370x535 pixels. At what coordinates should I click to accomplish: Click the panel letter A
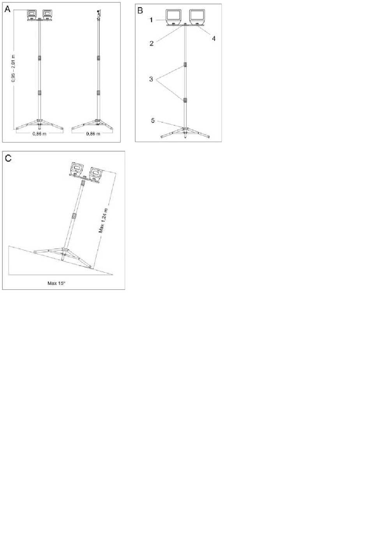pyautogui.click(x=8, y=10)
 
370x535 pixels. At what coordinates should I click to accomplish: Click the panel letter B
pyautogui.click(x=140, y=11)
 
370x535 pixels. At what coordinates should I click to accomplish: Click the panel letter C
pyautogui.click(x=8, y=158)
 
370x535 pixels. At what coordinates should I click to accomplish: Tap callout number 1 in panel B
pyautogui.click(x=151, y=20)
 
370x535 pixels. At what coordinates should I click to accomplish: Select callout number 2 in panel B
pyautogui.click(x=152, y=44)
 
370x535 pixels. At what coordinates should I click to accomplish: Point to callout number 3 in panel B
pyautogui.click(x=151, y=79)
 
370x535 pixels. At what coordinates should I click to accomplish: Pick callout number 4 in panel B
pyautogui.click(x=213, y=39)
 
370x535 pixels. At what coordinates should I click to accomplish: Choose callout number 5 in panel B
pyautogui.click(x=153, y=121)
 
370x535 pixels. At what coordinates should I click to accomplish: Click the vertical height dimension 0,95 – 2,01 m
pyautogui.click(x=13, y=68)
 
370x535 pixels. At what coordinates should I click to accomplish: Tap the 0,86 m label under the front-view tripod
pyautogui.click(x=39, y=134)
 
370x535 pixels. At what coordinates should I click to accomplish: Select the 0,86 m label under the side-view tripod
pyautogui.click(x=93, y=134)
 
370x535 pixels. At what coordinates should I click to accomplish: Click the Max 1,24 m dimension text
pyautogui.click(x=103, y=220)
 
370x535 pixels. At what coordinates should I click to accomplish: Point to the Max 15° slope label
pyautogui.click(x=56, y=283)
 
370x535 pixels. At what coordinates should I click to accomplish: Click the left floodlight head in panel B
pyautogui.click(x=174, y=17)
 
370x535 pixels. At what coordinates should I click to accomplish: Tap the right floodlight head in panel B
pyautogui.click(x=197, y=17)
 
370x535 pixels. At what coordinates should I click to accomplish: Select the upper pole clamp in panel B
pyautogui.click(x=185, y=65)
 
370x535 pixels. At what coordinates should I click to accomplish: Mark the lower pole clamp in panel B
pyautogui.click(x=185, y=100)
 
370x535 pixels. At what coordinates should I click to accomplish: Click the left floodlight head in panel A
pyautogui.click(x=32, y=14)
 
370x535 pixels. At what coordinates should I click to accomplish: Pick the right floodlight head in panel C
pyautogui.click(x=96, y=174)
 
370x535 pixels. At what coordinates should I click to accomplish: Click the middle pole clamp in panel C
pyautogui.click(x=74, y=216)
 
